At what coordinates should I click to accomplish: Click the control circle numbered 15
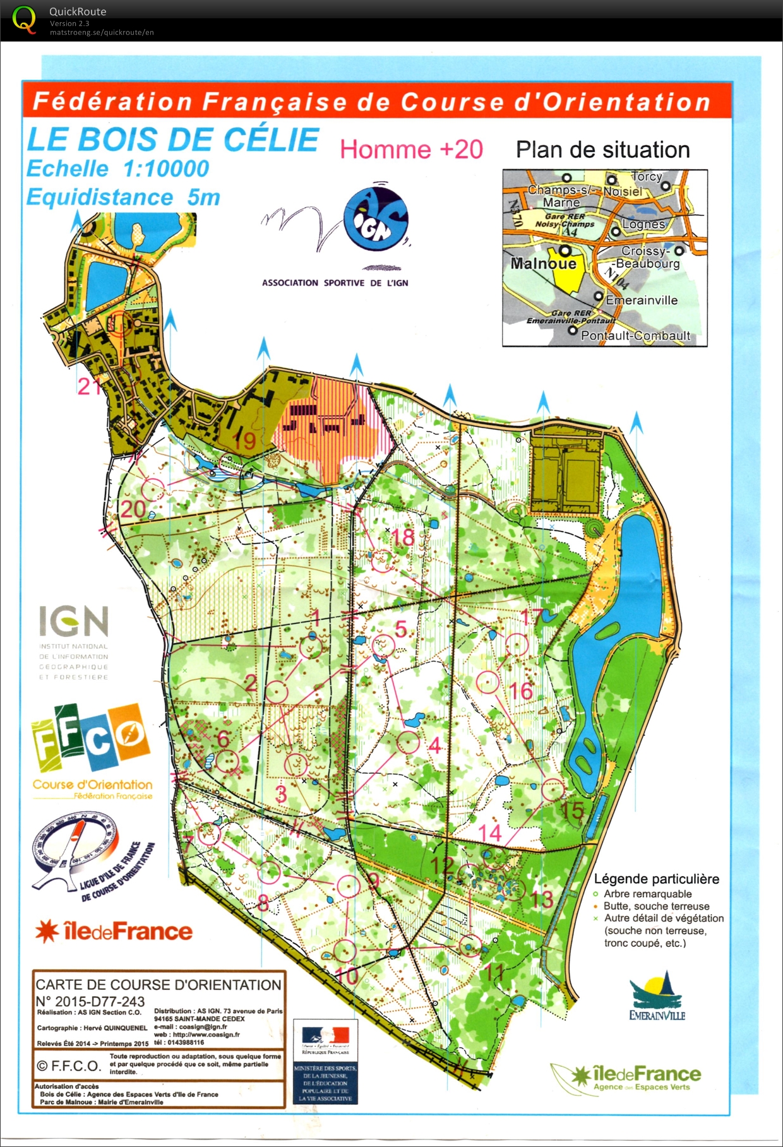coord(553,789)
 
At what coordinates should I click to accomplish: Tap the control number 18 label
coord(403,537)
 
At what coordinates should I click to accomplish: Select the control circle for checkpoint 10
coord(345,951)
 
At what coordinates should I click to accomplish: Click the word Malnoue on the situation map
coord(543,263)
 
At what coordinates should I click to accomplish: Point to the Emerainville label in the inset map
coord(641,300)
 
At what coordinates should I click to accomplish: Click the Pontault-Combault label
coord(635,336)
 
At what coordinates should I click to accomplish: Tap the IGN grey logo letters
coord(74,621)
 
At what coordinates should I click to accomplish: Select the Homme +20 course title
coord(411,150)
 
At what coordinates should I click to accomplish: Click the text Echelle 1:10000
coord(117,169)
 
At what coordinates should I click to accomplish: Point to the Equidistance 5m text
coord(123,198)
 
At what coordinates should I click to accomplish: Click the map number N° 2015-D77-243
coord(90,1001)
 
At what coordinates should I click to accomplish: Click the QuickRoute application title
coord(78,11)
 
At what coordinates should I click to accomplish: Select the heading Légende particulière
coord(656,879)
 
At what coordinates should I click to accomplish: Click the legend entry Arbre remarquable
coord(647,894)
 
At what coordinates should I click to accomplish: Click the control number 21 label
coord(89,386)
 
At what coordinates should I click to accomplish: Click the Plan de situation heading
coord(602,150)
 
